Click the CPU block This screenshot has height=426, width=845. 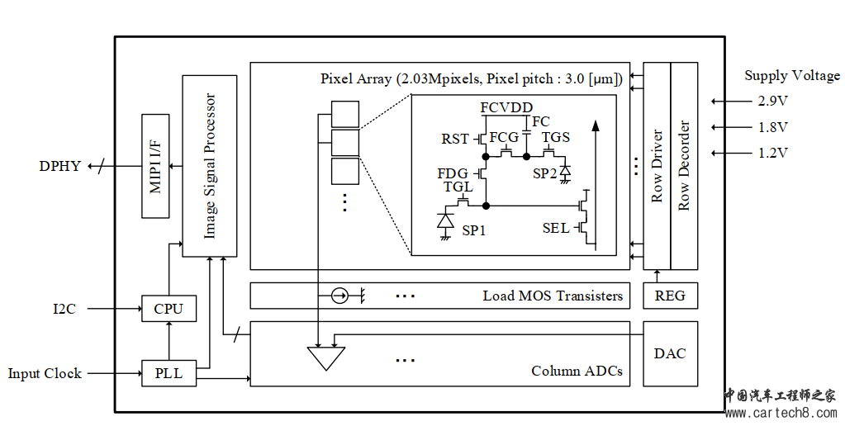169,309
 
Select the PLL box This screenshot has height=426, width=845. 169,373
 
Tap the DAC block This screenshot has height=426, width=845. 670,353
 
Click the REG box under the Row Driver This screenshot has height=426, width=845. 670,296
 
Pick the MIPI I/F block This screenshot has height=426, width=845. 155,166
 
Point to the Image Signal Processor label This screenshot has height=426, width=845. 210,166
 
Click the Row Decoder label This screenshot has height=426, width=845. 684,166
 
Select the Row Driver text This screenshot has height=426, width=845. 657,166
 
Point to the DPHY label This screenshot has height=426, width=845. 60,166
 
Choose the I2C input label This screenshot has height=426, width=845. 65,310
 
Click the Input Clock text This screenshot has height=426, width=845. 45,374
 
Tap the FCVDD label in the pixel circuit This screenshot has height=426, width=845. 506,108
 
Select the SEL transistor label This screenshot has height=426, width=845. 556,228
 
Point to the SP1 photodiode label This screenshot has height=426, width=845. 473,230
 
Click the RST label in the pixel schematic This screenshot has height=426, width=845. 455,139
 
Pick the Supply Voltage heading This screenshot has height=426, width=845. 792,75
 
